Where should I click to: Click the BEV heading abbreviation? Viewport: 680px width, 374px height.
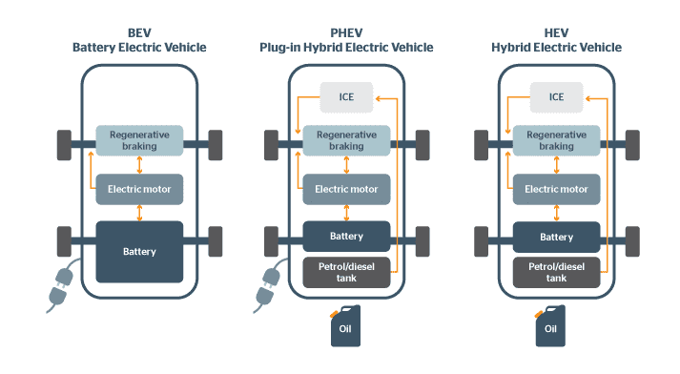point(139,31)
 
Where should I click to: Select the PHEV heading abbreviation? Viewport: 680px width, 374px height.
point(346,31)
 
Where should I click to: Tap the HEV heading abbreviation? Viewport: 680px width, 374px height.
point(557,31)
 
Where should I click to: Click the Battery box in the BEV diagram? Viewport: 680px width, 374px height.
point(139,252)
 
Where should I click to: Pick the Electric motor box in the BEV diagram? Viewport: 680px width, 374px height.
point(139,189)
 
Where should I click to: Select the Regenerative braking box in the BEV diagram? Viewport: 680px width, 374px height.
point(139,141)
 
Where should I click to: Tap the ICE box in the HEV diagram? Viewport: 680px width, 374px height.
point(556,96)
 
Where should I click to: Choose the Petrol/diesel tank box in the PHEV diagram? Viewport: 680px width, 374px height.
point(346,273)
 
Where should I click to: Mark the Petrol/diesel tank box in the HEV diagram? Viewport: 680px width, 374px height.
point(556,273)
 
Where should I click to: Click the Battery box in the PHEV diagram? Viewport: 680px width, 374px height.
point(346,237)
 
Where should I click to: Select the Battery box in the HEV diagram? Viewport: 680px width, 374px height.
point(556,237)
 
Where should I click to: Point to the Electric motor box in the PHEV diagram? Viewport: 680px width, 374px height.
point(346,189)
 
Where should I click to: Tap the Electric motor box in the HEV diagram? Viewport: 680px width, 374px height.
point(556,189)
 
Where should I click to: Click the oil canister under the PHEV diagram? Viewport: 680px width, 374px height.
point(345,325)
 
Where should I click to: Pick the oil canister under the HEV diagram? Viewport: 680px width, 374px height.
point(550,325)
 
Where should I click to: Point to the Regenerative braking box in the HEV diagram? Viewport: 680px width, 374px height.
point(556,141)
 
